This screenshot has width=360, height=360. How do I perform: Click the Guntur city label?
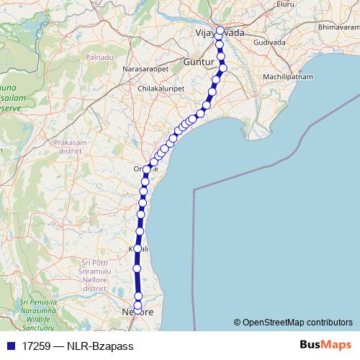coord(199,63)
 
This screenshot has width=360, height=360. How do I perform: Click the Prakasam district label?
coord(69,147)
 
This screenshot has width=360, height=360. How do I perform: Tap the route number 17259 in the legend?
coord(34,346)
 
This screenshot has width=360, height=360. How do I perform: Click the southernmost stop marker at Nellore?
coord(139,312)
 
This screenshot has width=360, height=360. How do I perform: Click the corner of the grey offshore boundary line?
coord(194,190)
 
